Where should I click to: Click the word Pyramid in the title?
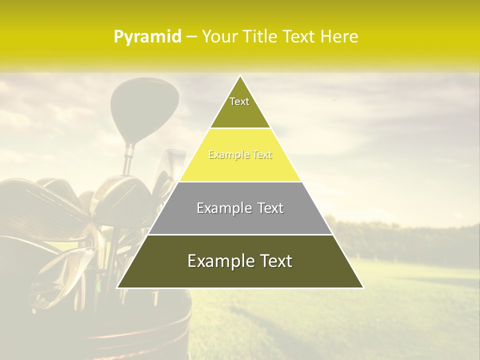147,37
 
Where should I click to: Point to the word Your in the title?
218,36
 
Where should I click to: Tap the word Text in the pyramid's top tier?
239,101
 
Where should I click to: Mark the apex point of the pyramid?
240,75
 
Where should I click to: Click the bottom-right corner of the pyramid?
363,287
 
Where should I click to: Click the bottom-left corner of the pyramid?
117,287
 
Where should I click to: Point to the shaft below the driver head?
128,157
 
